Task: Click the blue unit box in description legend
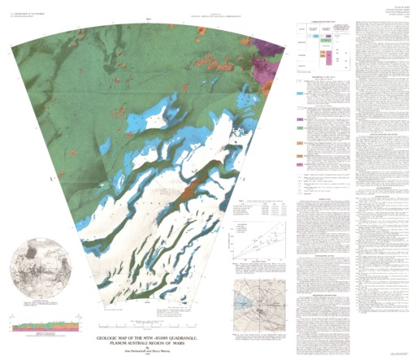pyautogui.click(x=301, y=94)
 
